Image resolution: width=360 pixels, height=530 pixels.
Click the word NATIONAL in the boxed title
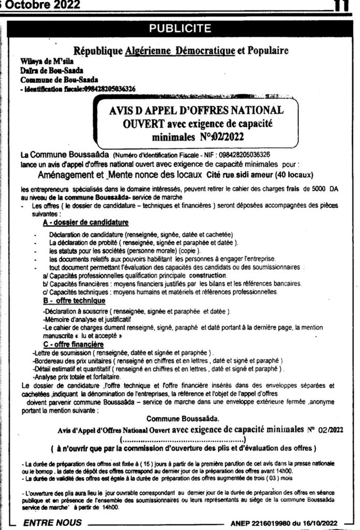pyautogui.click(x=252, y=110)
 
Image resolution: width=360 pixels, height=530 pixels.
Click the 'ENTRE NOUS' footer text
pyautogui.click(x=52, y=523)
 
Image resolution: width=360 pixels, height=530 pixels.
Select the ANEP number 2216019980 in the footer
pyautogui.click(x=274, y=523)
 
